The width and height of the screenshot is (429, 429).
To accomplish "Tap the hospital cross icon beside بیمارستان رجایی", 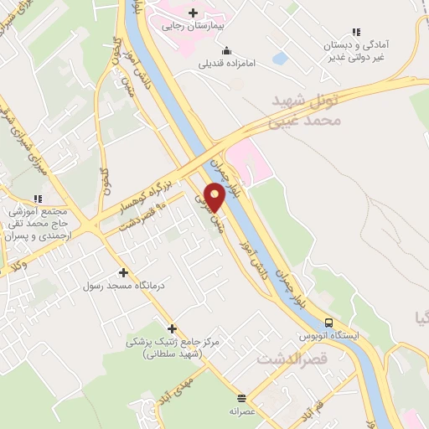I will point(194,13).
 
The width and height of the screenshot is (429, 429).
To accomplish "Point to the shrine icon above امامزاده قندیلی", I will point(228,49).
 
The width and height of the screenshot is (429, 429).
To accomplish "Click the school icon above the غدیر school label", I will point(357,33).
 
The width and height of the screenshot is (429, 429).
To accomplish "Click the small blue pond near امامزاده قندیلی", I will point(280,59).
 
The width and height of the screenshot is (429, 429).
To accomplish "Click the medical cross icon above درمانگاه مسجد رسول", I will point(123,272).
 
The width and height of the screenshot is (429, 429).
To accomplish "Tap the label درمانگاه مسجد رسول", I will point(116,286).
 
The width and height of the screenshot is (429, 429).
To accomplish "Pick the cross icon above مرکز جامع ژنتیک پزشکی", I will point(173,328).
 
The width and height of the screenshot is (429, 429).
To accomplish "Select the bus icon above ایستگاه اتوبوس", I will point(329,323).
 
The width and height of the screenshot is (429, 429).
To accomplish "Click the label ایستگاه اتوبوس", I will point(329,336).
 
